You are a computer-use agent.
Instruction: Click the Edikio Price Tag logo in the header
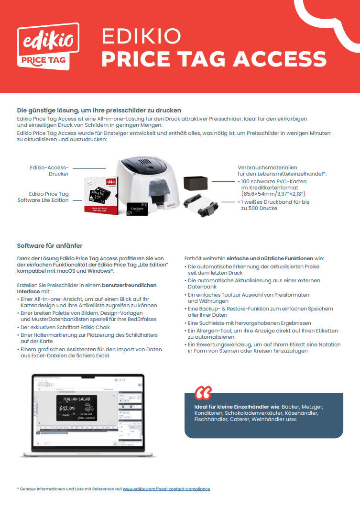point(48,47)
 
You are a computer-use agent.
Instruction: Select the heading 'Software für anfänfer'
point(50,245)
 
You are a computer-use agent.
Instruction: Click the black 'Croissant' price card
point(139,209)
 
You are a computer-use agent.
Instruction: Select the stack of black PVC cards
point(196,182)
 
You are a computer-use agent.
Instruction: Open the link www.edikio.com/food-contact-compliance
point(166,489)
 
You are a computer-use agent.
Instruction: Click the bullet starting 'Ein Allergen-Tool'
point(263,334)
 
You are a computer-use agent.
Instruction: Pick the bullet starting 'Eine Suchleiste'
point(249,323)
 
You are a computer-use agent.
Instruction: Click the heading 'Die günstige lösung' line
point(99,111)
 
